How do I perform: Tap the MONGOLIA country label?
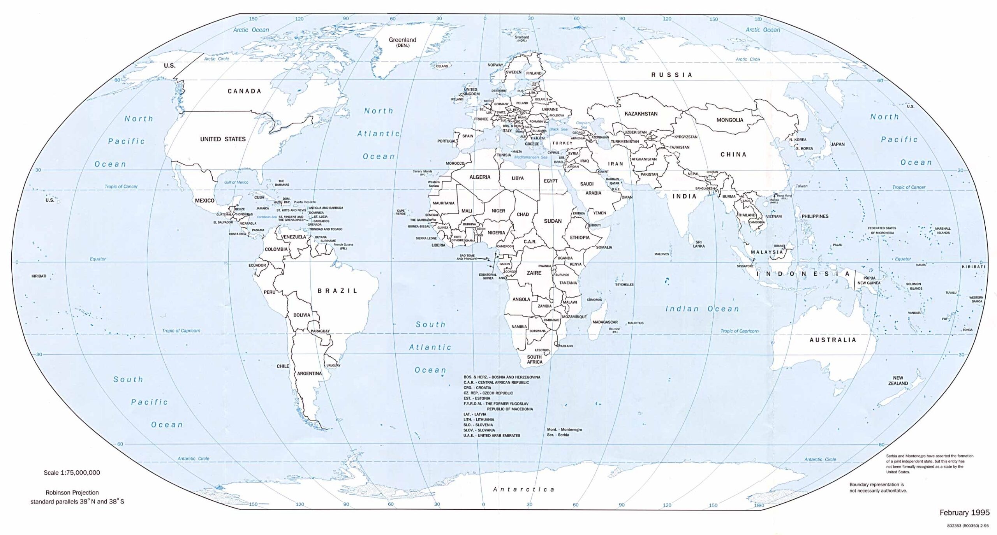click(729, 120)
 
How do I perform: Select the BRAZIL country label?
click(337, 290)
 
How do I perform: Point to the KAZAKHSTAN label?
click(641, 114)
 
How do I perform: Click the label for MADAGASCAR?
click(605, 322)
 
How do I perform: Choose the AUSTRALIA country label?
click(833, 340)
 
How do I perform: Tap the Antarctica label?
click(523, 489)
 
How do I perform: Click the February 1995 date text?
click(964, 512)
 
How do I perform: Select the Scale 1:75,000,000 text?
click(72, 472)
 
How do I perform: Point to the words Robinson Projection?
click(72, 492)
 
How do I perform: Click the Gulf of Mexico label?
click(236, 182)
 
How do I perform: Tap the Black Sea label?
click(558, 129)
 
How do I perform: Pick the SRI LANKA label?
click(699, 244)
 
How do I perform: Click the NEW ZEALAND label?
click(898, 380)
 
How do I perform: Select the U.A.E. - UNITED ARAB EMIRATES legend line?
click(491, 435)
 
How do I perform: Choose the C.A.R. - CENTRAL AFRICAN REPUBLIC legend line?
click(496, 382)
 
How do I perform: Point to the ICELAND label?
click(442, 66)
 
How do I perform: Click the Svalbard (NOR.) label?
click(522, 39)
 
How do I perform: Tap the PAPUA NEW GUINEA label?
click(869, 280)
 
